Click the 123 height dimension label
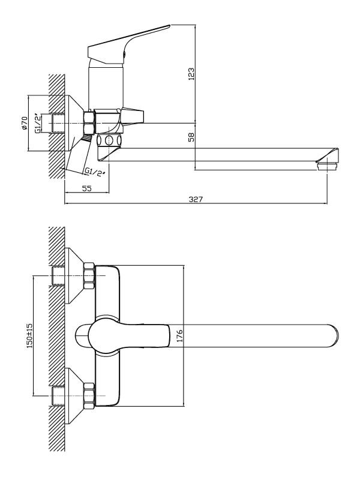[191, 74]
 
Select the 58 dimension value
[191, 137]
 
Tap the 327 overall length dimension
[196, 199]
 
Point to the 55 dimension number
[87, 188]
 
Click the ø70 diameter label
[25, 123]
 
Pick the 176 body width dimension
[179, 335]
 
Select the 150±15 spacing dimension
[29, 335]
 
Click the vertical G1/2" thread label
[38, 123]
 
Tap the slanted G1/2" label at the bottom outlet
[95, 172]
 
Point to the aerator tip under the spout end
[327, 167]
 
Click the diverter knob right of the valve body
[133, 116]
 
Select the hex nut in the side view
[89, 122]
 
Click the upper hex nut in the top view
[89, 275]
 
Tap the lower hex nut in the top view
[89, 396]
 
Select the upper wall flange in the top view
[74, 275]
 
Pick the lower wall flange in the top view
[74, 396]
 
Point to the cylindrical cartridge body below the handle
[106, 84]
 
